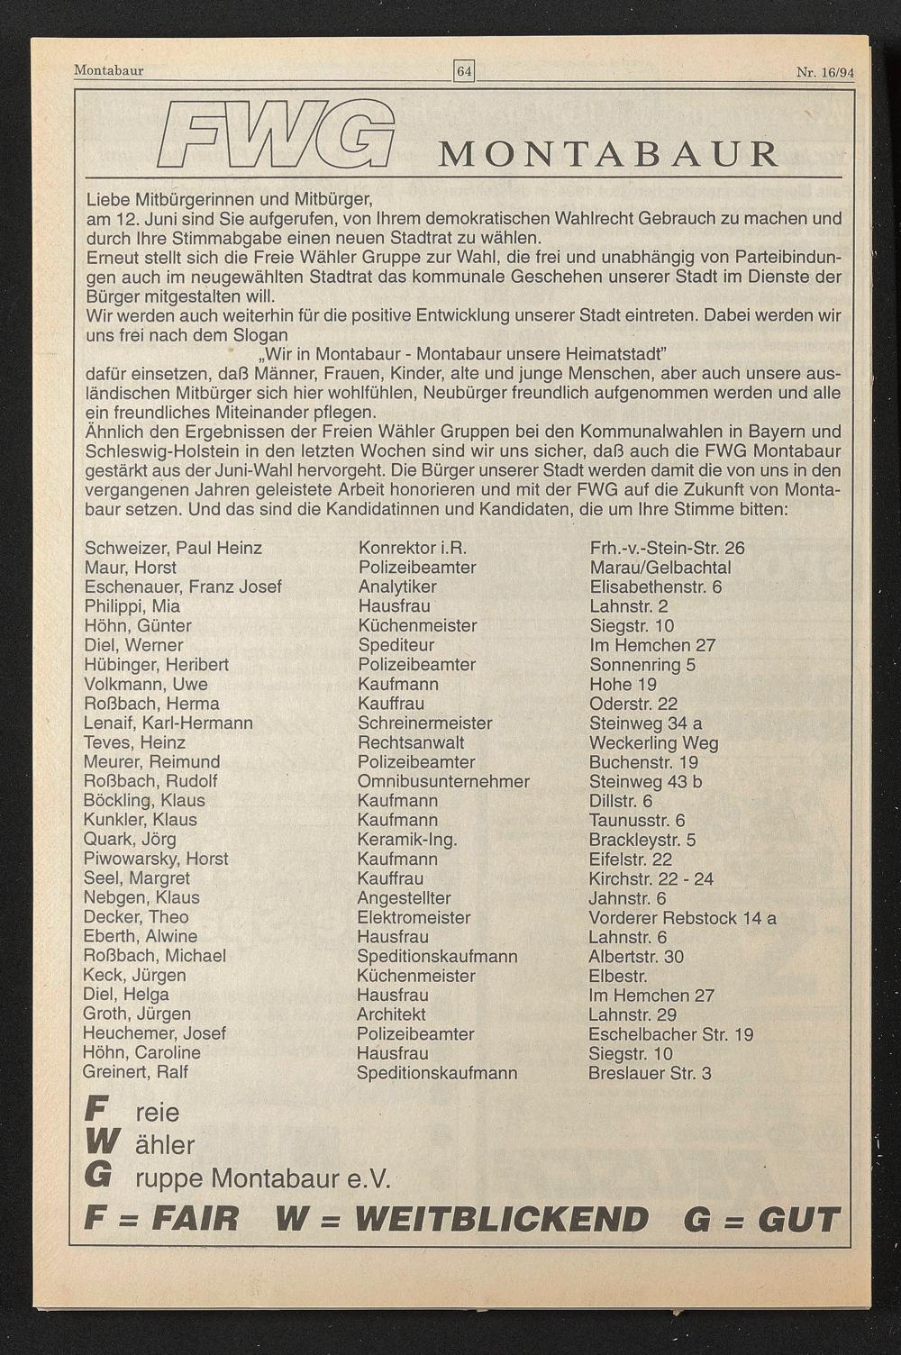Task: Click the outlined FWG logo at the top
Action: click(277, 134)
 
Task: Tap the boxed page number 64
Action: click(464, 70)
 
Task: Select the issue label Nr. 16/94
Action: click(824, 71)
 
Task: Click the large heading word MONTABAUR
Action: click(608, 154)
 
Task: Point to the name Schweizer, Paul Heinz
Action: click(173, 548)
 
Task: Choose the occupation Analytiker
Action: click(397, 587)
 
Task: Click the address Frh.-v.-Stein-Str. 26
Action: click(667, 548)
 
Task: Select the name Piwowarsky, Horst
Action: click(156, 859)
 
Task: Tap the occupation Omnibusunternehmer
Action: click(443, 781)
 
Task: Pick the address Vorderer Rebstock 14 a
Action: click(682, 917)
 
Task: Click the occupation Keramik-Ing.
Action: click(407, 840)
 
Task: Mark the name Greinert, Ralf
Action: click(135, 1072)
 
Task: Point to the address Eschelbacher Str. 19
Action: click(670, 1034)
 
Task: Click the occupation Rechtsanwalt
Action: click(411, 742)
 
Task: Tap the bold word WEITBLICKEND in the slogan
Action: click(501, 1219)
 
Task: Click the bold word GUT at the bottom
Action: click(798, 1219)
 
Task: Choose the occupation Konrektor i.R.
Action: click(412, 548)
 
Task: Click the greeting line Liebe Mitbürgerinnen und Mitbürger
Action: click(229, 198)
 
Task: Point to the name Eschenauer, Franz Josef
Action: click(183, 587)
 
